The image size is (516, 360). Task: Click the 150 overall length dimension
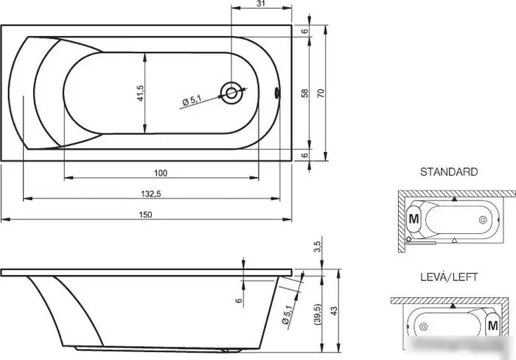tap(145, 215)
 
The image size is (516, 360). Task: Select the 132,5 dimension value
tap(151, 194)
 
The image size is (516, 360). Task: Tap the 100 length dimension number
tap(161, 173)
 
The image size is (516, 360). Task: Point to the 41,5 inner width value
tap(140, 93)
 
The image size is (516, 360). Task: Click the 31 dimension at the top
tap(261, 4)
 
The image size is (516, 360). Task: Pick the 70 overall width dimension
tap(321, 93)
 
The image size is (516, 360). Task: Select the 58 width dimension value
tap(305, 93)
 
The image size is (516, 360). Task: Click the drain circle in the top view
tap(231, 93)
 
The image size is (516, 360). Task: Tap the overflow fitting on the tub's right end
tap(277, 93)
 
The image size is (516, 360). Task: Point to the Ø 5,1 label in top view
tap(192, 100)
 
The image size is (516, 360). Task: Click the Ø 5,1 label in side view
tap(287, 314)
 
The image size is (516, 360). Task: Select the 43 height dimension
tap(334, 311)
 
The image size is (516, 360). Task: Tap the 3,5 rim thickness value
tap(317, 246)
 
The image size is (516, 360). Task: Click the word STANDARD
tap(449, 172)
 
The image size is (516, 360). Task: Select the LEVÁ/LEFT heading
tap(449, 277)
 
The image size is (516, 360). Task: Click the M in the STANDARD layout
tap(414, 218)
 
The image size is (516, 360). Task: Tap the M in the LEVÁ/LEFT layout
tap(492, 326)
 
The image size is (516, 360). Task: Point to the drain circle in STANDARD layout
tap(483, 220)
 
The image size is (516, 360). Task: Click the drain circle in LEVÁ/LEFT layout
tap(424, 326)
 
